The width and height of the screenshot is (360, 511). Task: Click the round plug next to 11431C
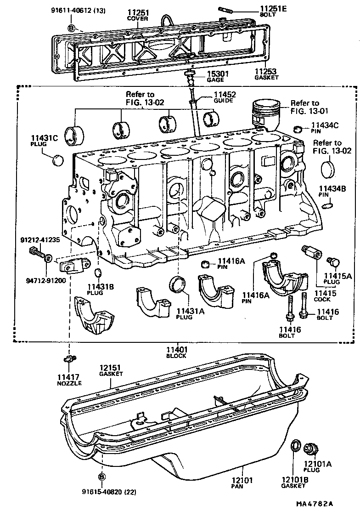(58, 160)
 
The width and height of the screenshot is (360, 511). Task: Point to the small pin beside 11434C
(298, 128)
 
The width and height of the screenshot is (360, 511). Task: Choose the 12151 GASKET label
(111, 370)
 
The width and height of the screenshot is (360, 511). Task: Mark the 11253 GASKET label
(266, 74)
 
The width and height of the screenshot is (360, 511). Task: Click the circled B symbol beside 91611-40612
(72, 28)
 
